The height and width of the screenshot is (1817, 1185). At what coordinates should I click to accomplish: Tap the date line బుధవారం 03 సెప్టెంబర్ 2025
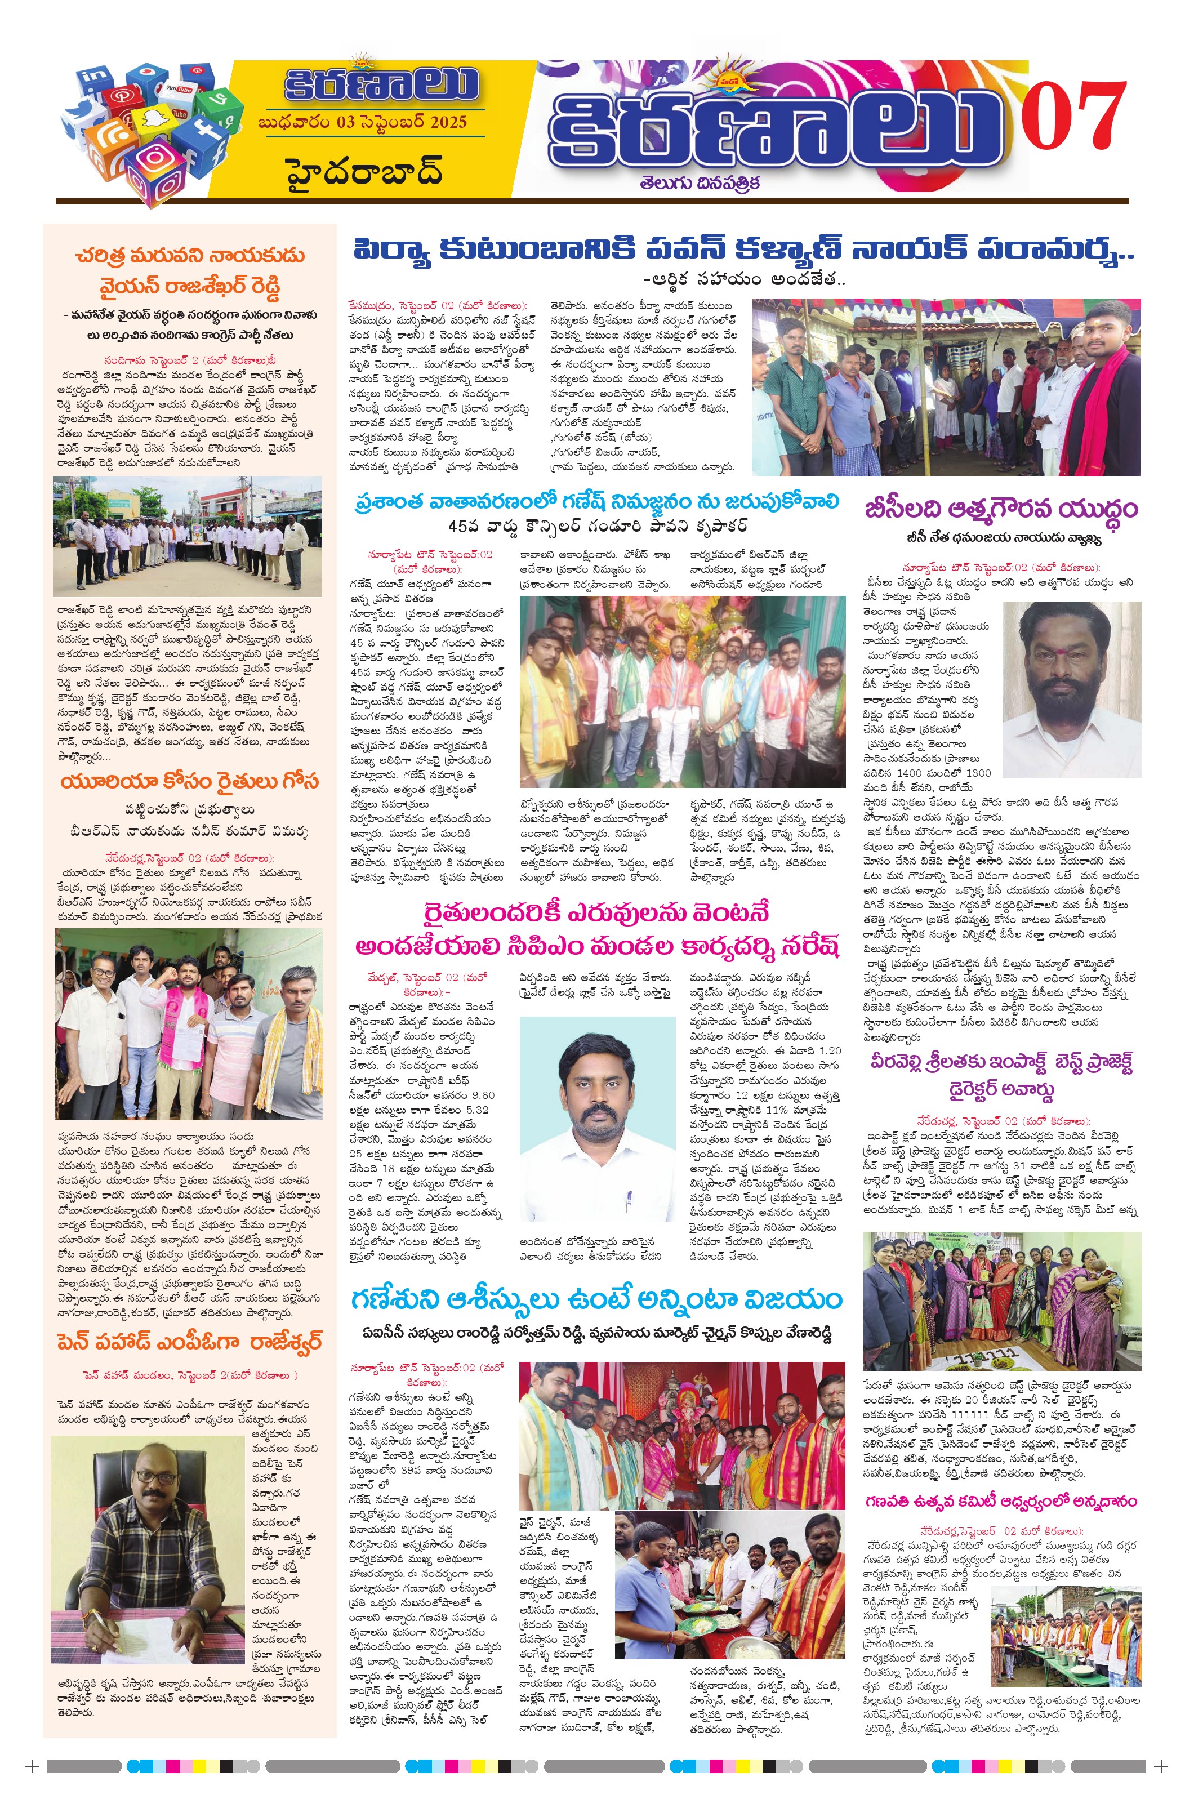click(x=362, y=123)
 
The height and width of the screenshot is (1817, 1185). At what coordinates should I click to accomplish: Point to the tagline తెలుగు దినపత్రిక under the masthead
click(x=700, y=183)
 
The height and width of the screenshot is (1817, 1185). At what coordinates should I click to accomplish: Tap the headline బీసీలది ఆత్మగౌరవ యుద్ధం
click(x=1001, y=509)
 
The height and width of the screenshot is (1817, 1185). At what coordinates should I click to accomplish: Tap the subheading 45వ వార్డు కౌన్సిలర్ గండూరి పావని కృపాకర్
click(x=598, y=527)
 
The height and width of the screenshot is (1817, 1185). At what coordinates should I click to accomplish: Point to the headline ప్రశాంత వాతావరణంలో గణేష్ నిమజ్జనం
click(x=596, y=502)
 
